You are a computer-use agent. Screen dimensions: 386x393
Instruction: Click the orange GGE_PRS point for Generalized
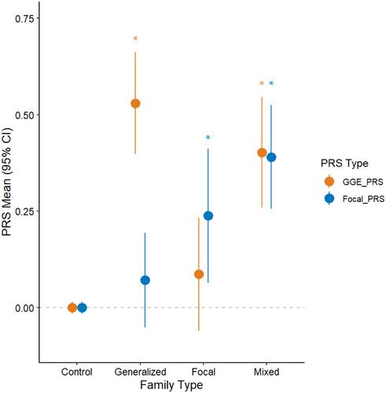click(x=135, y=104)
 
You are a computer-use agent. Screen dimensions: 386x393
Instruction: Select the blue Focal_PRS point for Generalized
click(x=145, y=280)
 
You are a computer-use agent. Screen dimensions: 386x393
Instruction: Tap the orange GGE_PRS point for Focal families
click(x=199, y=274)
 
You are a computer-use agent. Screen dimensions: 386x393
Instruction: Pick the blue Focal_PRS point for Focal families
click(x=208, y=215)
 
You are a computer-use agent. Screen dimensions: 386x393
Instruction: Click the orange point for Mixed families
click(x=262, y=152)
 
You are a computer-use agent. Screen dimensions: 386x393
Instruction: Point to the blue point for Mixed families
click(x=271, y=157)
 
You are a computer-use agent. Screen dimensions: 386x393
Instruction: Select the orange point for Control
click(x=72, y=307)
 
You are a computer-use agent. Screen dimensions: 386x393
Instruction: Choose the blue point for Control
click(x=82, y=307)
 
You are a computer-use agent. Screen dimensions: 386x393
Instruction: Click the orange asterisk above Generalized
click(x=135, y=39)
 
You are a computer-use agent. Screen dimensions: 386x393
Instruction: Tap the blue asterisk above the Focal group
click(x=208, y=137)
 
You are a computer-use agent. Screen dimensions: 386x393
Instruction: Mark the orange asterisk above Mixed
click(x=262, y=83)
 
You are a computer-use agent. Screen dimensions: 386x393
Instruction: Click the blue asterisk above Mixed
click(x=271, y=83)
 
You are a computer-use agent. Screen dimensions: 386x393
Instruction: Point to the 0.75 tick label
click(x=24, y=18)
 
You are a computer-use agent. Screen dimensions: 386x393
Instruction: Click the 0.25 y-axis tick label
click(x=24, y=211)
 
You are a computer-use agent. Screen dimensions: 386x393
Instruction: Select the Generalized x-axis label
click(x=141, y=372)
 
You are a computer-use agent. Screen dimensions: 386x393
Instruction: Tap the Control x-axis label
click(x=77, y=372)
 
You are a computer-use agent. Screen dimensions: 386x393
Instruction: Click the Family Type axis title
click(x=171, y=385)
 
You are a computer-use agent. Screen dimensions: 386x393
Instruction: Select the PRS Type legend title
click(x=344, y=163)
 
